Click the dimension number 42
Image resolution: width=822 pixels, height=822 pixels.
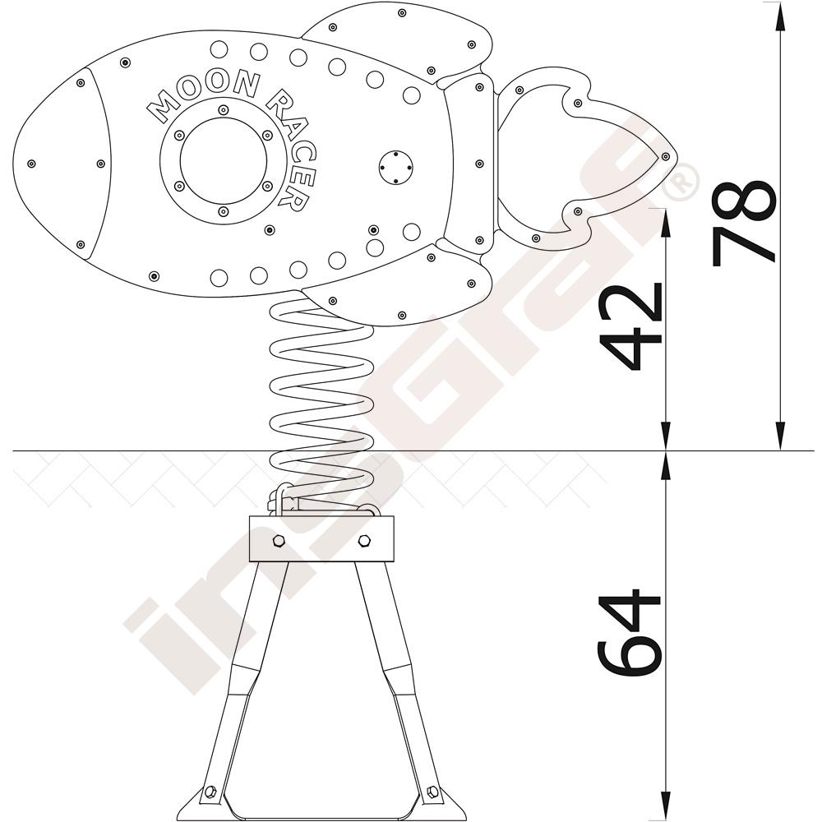click(x=631, y=327)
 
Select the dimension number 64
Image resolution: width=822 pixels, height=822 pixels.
click(x=630, y=633)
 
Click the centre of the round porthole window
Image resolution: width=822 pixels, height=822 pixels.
click(x=223, y=161)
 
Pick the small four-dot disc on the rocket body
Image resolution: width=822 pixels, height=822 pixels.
click(x=395, y=168)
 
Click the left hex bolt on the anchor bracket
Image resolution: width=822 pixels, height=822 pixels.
click(x=279, y=541)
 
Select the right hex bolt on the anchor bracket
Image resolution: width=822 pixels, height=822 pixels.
click(x=364, y=541)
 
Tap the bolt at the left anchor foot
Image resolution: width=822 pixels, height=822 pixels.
click(x=210, y=791)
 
